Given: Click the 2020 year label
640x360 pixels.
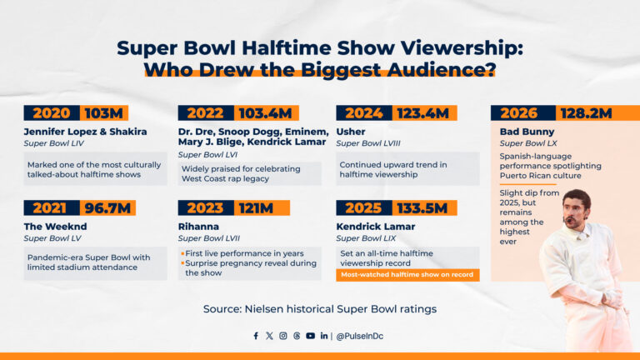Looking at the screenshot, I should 51,113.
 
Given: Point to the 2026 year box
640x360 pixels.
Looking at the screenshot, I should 517,113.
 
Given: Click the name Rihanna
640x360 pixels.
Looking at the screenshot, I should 199,225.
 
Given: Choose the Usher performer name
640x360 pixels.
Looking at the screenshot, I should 351,131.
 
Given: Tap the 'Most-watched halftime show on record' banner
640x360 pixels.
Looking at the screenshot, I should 407,274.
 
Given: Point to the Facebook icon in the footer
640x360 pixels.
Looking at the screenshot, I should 256,336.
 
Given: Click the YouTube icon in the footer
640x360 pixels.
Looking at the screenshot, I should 310,336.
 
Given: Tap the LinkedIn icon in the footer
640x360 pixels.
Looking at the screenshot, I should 323,336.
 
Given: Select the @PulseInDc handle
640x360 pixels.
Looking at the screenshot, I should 362,336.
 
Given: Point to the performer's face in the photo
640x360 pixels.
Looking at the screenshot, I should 576,210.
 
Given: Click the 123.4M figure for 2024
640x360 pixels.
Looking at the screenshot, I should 421,113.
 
